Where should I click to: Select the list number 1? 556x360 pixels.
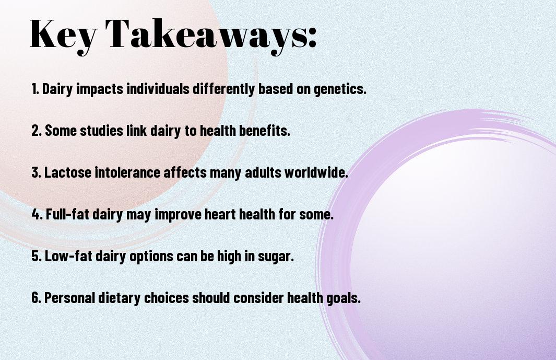(x=35, y=89)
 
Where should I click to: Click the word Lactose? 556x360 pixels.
(x=67, y=172)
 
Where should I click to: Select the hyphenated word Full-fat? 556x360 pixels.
(x=67, y=214)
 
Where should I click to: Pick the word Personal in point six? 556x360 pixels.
(x=69, y=297)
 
